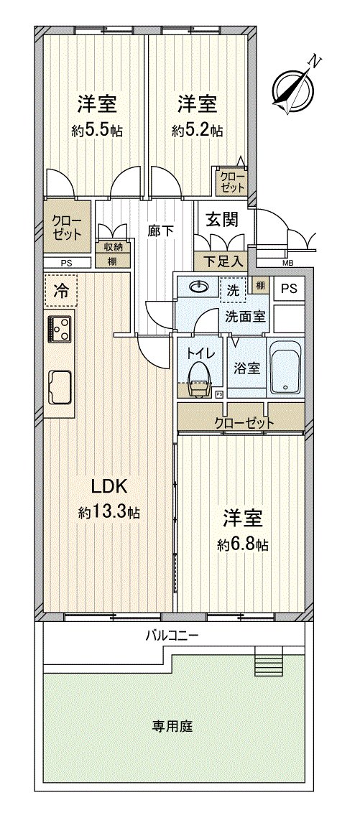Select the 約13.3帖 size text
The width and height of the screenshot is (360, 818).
click(109, 512)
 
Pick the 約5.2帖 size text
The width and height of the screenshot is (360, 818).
click(197, 131)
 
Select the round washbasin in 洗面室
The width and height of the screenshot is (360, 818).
click(198, 287)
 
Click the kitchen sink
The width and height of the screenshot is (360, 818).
click(60, 387)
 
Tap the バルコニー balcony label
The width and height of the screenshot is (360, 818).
click(172, 636)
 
